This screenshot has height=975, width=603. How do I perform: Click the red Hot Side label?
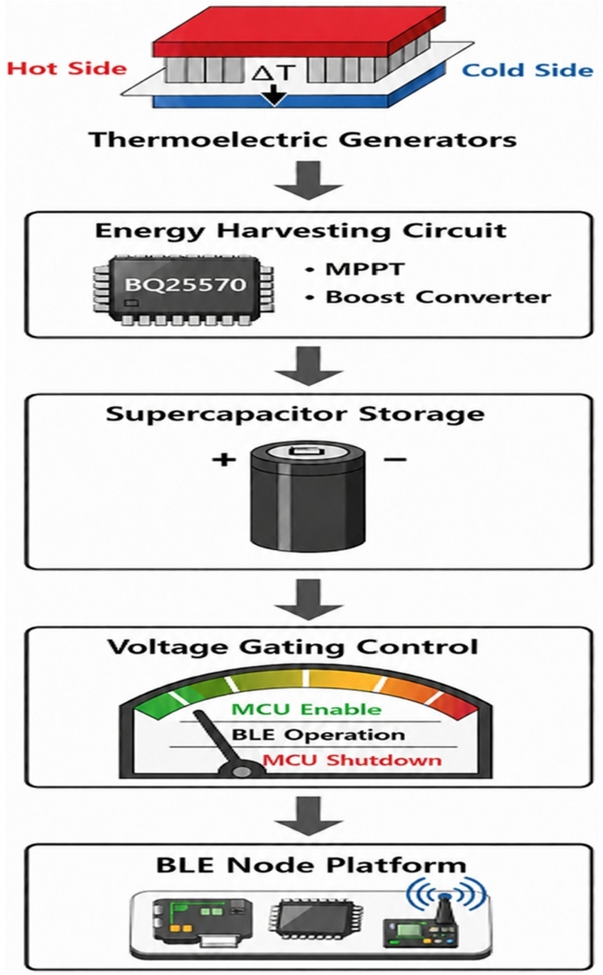pyautogui.click(x=66, y=69)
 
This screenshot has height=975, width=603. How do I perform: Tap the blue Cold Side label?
pyautogui.click(x=527, y=70)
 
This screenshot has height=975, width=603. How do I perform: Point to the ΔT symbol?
pyautogui.click(x=274, y=72)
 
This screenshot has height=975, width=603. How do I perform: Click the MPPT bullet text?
pyautogui.click(x=365, y=270)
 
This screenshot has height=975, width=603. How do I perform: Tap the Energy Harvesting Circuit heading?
pyautogui.click(x=301, y=231)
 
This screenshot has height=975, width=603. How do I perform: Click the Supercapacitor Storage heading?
pyautogui.click(x=295, y=414)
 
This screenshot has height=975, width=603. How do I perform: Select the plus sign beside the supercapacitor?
pyautogui.click(x=224, y=459)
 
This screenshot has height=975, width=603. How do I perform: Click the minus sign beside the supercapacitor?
pyautogui.click(x=395, y=459)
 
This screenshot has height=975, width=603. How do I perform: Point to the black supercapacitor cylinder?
pyautogui.click(x=308, y=497)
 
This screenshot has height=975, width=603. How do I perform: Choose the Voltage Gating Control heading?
pyautogui.click(x=292, y=646)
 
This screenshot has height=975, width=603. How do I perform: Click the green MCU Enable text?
pyautogui.click(x=307, y=710)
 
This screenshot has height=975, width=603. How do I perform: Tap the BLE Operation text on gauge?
pyautogui.click(x=318, y=735)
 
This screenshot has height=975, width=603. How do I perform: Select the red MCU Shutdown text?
pyautogui.click(x=352, y=760)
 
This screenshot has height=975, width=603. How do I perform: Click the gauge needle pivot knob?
pyautogui.click(x=240, y=770)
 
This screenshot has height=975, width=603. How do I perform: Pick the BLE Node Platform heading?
pyautogui.click(x=311, y=865)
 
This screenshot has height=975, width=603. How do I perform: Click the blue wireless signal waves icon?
pyautogui.click(x=445, y=892)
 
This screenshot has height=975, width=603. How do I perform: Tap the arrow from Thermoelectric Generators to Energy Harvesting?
pyautogui.click(x=308, y=180)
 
